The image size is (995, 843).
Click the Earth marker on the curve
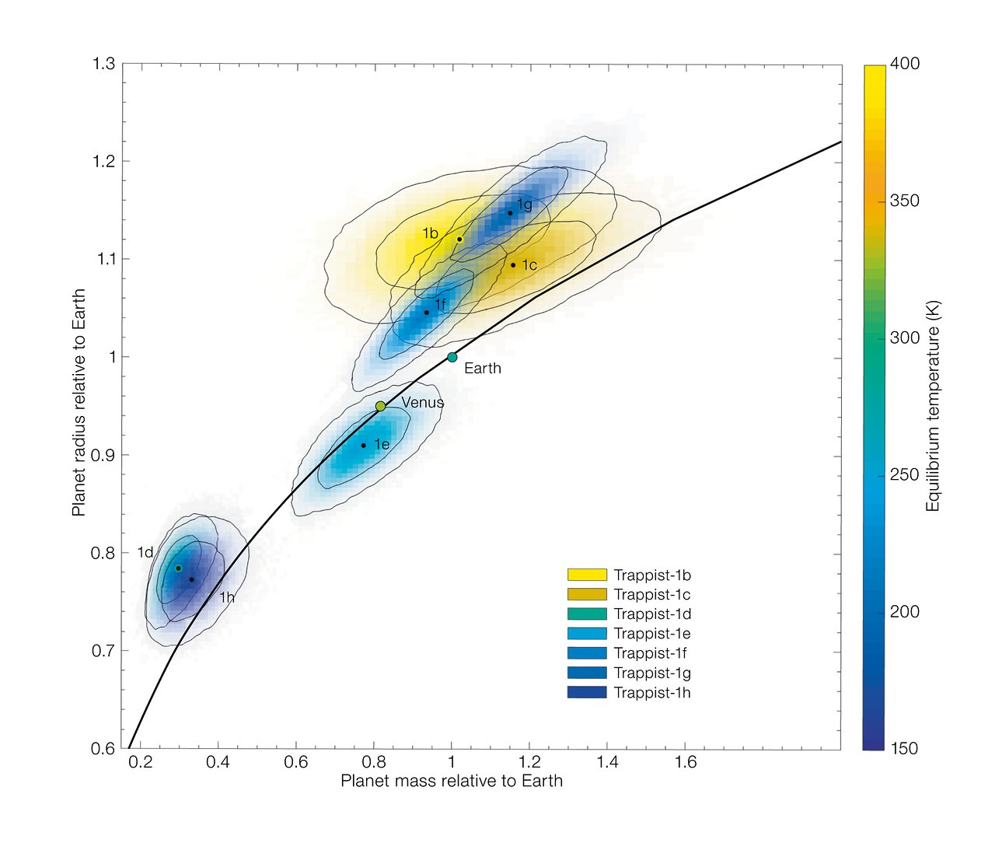(x=452, y=358)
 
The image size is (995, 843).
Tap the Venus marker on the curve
(x=380, y=406)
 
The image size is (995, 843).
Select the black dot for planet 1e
(x=363, y=446)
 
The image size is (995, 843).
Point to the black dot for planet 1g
(x=510, y=212)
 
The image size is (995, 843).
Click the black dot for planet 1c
(x=513, y=265)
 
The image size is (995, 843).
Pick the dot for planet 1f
(x=426, y=313)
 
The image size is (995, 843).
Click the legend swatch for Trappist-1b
(x=587, y=575)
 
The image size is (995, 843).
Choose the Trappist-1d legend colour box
(x=587, y=614)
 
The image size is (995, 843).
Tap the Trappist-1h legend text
(x=651, y=693)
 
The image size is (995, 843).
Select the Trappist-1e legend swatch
(x=587, y=634)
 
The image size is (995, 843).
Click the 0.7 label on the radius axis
(x=103, y=651)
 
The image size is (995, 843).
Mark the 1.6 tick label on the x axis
(x=686, y=763)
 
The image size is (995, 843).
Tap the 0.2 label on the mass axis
(x=141, y=763)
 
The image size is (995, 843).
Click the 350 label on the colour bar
(x=904, y=201)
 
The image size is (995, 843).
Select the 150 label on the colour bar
(x=904, y=748)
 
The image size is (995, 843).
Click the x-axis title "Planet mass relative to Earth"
(x=452, y=781)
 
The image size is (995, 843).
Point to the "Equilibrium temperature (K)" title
(x=933, y=406)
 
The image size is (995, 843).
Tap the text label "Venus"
(x=422, y=403)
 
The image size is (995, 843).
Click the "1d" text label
(x=145, y=553)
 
